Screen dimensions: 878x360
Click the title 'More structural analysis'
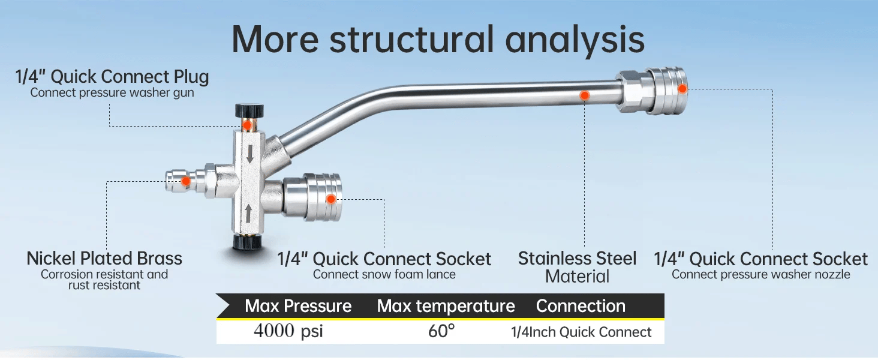click(x=438, y=40)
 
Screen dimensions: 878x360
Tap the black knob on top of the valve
click(x=249, y=110)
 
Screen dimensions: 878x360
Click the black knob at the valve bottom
click(x=247, y=243)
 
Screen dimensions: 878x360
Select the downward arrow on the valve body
click(x=249, y=154)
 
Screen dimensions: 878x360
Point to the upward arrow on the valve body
click(x=248, y=214)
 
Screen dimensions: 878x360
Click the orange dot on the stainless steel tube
click(x=584, y=95)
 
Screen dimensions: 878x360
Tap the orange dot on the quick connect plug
click(x=186, y=181)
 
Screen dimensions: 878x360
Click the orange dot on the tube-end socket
click(x=682, y=89)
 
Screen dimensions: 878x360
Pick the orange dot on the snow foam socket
click(x=331, y=199)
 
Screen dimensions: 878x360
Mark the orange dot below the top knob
click(x=247, y=125)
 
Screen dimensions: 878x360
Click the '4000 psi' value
click(x=288, y=331)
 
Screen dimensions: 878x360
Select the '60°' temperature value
click(x=441, y=331)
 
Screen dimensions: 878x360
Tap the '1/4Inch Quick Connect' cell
click(x=581, y=332)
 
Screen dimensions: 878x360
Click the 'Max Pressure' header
click(x=298, y=306)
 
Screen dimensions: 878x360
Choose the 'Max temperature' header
click(x=446, y=306)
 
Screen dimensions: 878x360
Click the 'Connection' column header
click(x=581, y=306)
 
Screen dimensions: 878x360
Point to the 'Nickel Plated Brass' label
click(x=104, y=259)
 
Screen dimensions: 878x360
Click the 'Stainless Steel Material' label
click(x=578, y=267)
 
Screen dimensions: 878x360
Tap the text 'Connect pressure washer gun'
click(x=112, y=92)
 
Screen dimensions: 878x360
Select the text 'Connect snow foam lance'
click(x=384, y=274)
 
